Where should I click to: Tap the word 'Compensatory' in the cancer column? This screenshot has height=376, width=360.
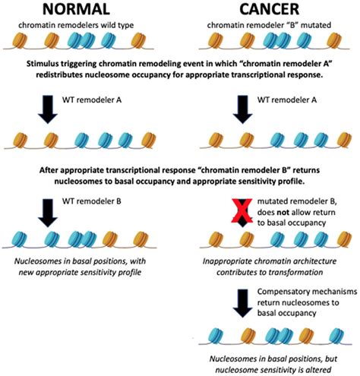tap(270, 286)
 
